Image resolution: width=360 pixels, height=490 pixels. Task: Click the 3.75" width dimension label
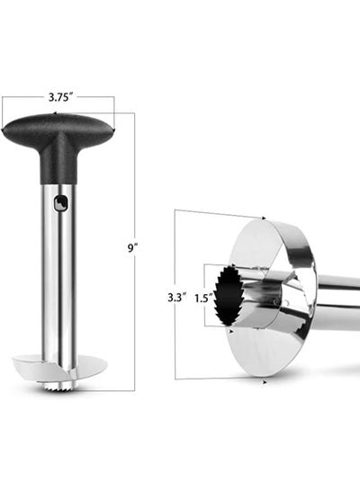point(58,97)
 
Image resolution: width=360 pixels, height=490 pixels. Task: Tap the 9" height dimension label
point(132,248)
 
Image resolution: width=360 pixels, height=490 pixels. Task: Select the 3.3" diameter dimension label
point(177,298)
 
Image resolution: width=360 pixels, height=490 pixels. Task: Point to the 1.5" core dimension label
point(205,298)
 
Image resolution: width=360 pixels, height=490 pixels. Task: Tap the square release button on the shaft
point(61,203)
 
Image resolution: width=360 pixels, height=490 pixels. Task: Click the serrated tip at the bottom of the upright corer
point(58,388)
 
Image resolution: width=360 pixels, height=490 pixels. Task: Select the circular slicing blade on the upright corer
point(59,367)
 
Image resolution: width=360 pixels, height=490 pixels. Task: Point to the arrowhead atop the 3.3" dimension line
point(264,218)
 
